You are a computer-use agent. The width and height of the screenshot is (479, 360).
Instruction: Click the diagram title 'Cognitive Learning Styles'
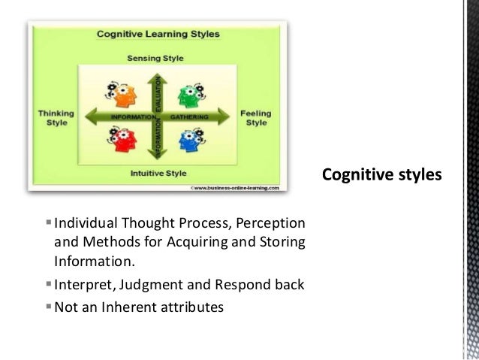[x=158, y=35]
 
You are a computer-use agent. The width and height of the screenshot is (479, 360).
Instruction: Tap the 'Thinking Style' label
[x=57, y=117]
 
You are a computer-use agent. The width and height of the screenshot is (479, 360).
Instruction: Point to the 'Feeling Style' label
[x=257, y=118]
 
